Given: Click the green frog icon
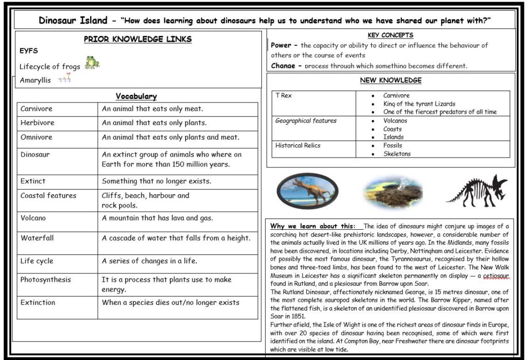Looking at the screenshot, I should [x=92, y=63].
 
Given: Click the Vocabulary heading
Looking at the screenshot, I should [x=136, y=96].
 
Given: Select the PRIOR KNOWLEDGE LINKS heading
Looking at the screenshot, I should [x=137, y=39].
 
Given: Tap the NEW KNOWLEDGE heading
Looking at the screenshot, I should [x=391, y=80].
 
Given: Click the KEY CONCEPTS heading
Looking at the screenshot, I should [x=391, y=35].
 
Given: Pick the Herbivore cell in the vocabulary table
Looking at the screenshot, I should [x=38, y=123].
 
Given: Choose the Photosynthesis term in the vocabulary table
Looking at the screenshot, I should [x=46, y=280].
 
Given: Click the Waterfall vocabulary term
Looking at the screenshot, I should [x=37, y=238].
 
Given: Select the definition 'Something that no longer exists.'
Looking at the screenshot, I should [x=156, y=181].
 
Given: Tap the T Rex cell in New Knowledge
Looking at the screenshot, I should [x=283, y=96].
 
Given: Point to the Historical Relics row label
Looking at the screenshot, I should [x=298, y=145].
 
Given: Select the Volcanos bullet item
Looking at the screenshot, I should [x=395, y=121].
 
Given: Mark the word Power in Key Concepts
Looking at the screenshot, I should [x=281, y=45].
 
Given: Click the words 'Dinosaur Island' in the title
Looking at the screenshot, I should [x=73, y=21].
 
